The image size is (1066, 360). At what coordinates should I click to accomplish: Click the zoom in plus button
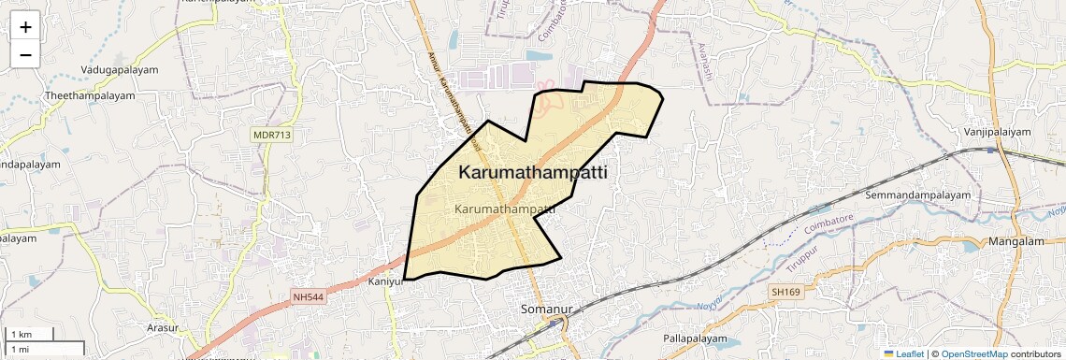(25, 27)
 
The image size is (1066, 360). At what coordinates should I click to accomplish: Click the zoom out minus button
(25, 54)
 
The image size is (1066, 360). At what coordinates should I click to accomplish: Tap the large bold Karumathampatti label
(533, 173)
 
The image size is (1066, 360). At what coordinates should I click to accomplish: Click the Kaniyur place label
(384, 281)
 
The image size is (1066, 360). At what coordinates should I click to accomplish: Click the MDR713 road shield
(271, 136)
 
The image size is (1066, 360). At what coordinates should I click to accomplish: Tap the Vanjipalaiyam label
(998, 132)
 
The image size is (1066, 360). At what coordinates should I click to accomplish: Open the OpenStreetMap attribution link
(973, 353)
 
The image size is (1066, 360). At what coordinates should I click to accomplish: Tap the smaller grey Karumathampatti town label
(505, 209)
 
